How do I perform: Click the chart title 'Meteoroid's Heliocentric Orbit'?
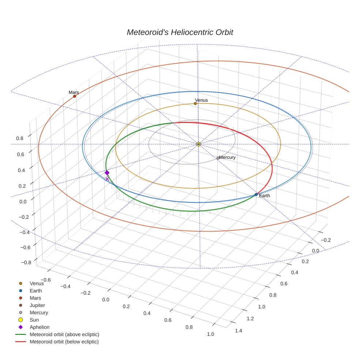(x=180, y=32)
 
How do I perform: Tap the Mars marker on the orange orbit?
(x=75, y=96)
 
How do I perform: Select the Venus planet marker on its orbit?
(x=195, y=104)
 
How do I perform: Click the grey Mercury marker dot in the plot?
(x=218, y=158)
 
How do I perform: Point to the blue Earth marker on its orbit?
(x=256, y=195)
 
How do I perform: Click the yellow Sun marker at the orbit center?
(x=198, y=144)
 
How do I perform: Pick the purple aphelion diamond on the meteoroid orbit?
(x=107, y=173)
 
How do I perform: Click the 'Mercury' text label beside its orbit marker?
(x=227, y=157)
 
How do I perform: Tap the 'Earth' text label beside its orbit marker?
(x=264, y=196)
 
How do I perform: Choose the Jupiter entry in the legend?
(x=37, y=305)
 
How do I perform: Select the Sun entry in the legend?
(x=34, y=320)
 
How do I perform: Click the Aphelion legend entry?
(x=39, y=327)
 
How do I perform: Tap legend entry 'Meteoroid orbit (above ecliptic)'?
(x=64, y=334)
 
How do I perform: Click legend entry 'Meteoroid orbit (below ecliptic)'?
(x=64, y=342)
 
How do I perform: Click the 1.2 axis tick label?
(x=250, y=319)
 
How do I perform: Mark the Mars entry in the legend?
(x=35, y=298)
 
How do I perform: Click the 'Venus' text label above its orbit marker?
(x=201, y=100)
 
